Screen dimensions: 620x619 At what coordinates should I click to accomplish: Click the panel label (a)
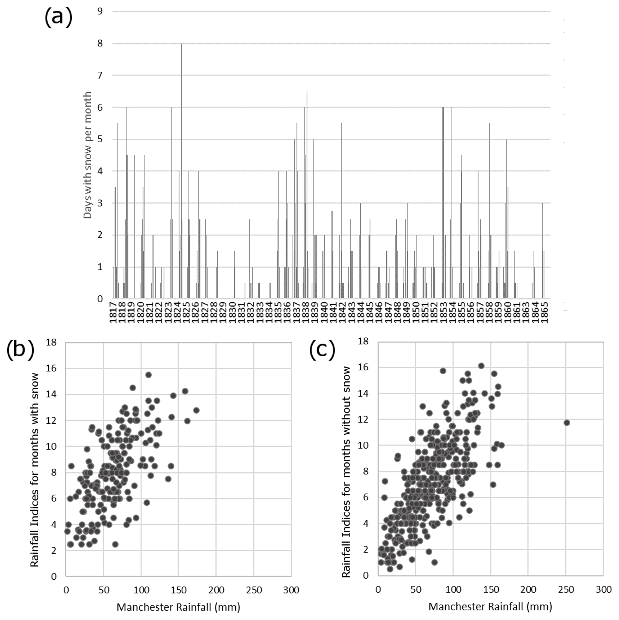(x=58, y=18)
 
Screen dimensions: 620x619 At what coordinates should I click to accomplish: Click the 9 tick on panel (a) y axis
(x=100, y=12)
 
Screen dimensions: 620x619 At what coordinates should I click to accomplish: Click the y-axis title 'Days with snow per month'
(x=88, y=155)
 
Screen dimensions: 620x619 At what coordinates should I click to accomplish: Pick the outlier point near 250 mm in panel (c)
(x=566, y=423)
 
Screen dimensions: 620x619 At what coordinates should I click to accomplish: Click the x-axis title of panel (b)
(x=178, y=607)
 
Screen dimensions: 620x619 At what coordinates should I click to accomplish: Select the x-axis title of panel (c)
(x=490, y=606)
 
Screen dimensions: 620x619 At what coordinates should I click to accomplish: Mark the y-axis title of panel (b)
(x=35, y=470)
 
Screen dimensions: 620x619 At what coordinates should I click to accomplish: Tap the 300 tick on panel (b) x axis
(x=291, y=590)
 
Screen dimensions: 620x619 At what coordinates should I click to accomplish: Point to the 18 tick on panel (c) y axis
(x=363, y=341)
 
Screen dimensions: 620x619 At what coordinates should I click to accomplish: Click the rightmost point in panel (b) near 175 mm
(x=196, y=410)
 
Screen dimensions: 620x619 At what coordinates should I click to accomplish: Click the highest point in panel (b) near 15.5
(x=148, y=375)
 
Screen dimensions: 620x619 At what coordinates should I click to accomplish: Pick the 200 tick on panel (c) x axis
(x=528, y=589)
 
